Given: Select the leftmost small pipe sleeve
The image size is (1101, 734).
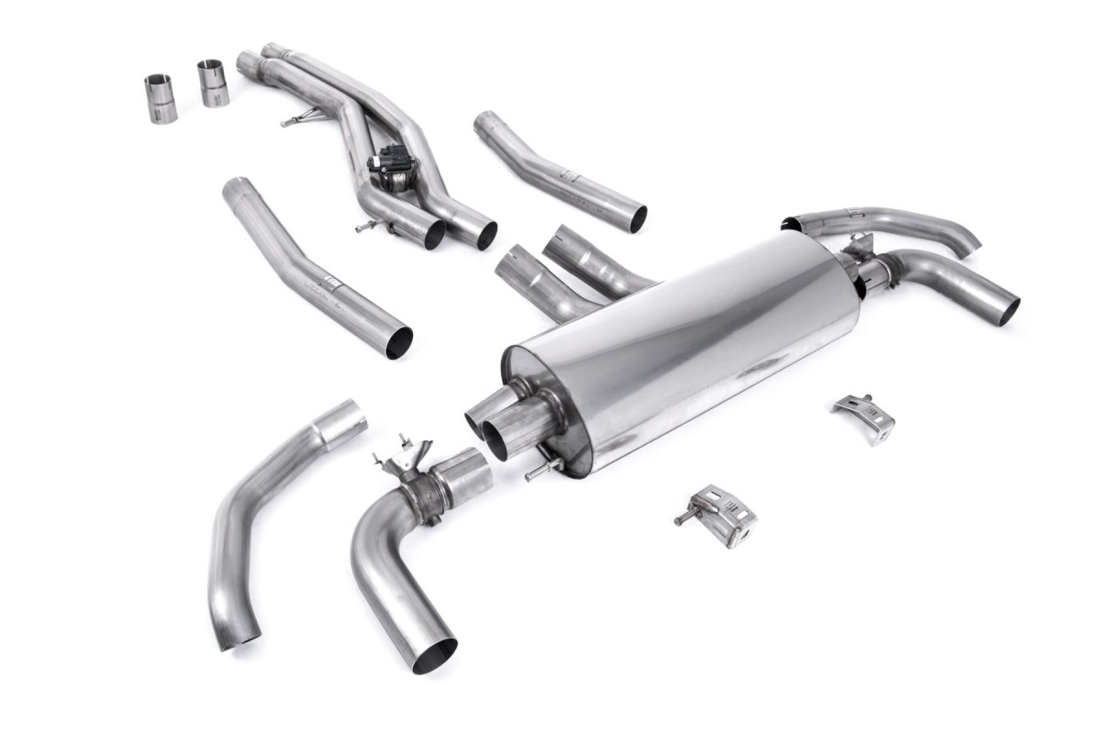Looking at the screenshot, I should click(x=161, y=98).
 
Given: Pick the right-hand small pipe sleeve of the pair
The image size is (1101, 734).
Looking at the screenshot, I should click(x=213, y=83).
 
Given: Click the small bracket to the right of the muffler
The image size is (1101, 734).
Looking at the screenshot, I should click(x=864, y=416).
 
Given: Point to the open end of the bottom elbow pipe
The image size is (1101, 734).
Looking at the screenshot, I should click(x=433, y=654).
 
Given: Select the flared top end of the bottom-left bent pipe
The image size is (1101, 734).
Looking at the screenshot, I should click(x=340, y=420).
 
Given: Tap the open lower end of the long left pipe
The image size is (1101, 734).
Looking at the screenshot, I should click(x=397, y=341).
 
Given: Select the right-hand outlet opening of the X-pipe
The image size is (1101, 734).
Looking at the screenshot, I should click(x=485, y=236).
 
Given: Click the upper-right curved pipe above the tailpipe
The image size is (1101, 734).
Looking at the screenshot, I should click(x=881, y=220).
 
